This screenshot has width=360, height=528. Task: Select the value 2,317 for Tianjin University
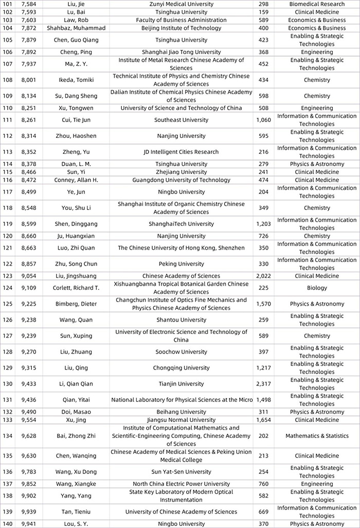(264, 384)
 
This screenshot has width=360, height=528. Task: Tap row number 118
(7, 208)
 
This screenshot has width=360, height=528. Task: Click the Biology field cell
(317, 288)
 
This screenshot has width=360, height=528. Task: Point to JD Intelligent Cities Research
(181, 152)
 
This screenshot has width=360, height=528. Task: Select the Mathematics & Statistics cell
(317, 436)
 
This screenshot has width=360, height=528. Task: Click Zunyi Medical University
(181, 4)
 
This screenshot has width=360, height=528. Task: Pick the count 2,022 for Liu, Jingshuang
(264, 276)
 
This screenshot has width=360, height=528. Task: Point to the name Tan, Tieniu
(74, 512)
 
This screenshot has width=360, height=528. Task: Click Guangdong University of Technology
(181, 180)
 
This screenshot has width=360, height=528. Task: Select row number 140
(7, 524)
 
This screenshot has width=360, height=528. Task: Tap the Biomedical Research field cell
(317, 4)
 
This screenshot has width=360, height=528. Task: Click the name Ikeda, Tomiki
(74, 80)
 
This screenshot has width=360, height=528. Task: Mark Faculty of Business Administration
(181, 20)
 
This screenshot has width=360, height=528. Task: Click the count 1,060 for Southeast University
(264, 120)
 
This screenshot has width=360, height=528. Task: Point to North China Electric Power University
(181, 484)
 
